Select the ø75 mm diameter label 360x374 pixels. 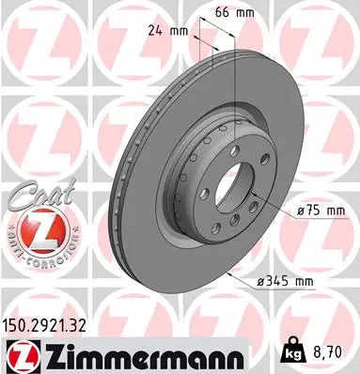318,212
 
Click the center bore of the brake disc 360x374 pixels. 233,185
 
